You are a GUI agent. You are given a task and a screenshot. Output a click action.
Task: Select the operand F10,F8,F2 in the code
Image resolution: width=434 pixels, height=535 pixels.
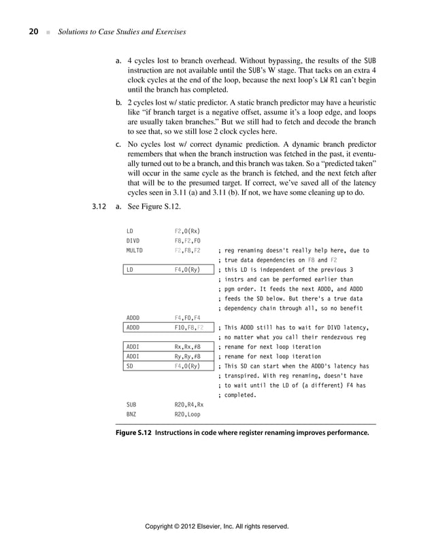(189, 328)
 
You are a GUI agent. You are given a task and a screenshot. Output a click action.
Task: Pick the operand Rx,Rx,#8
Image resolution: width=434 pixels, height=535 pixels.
(188, 347)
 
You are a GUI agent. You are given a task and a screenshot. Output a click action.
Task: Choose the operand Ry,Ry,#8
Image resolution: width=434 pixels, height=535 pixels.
(188, 356)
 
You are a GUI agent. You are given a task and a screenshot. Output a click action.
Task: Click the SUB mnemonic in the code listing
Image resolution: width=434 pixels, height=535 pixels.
(132, 404)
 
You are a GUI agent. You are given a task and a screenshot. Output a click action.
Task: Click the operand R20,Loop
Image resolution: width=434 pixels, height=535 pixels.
(188, 414)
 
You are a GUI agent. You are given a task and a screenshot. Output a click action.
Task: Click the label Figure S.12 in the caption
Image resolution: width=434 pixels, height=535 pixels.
(135, 432)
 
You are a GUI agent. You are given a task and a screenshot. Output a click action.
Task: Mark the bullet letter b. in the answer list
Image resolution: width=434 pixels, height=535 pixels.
(118, 102)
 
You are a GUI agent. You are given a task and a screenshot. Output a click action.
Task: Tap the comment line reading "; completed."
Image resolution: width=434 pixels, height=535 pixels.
(237, 395)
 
